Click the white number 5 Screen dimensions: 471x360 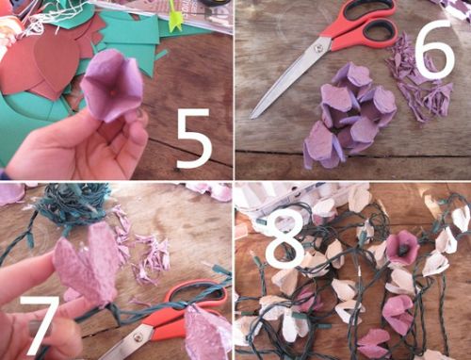pyautogui.click(x=195, y=139)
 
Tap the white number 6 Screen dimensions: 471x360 pyautogui.click(x=435, y=50)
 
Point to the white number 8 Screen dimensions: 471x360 pyautogui.click(x=284, y=238)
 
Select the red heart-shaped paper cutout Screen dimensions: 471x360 pyautogui.click(x=55, y=64)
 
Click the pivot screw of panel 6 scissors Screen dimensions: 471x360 pyautogui.click(x=318, y=48)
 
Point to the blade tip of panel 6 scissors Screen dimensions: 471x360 pyautogui.click(x=252, y=117)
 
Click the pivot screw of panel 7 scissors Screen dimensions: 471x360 pyautogui.click(x=137, y=337)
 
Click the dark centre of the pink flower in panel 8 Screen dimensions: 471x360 pyautogui.click(x=403, y=250)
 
